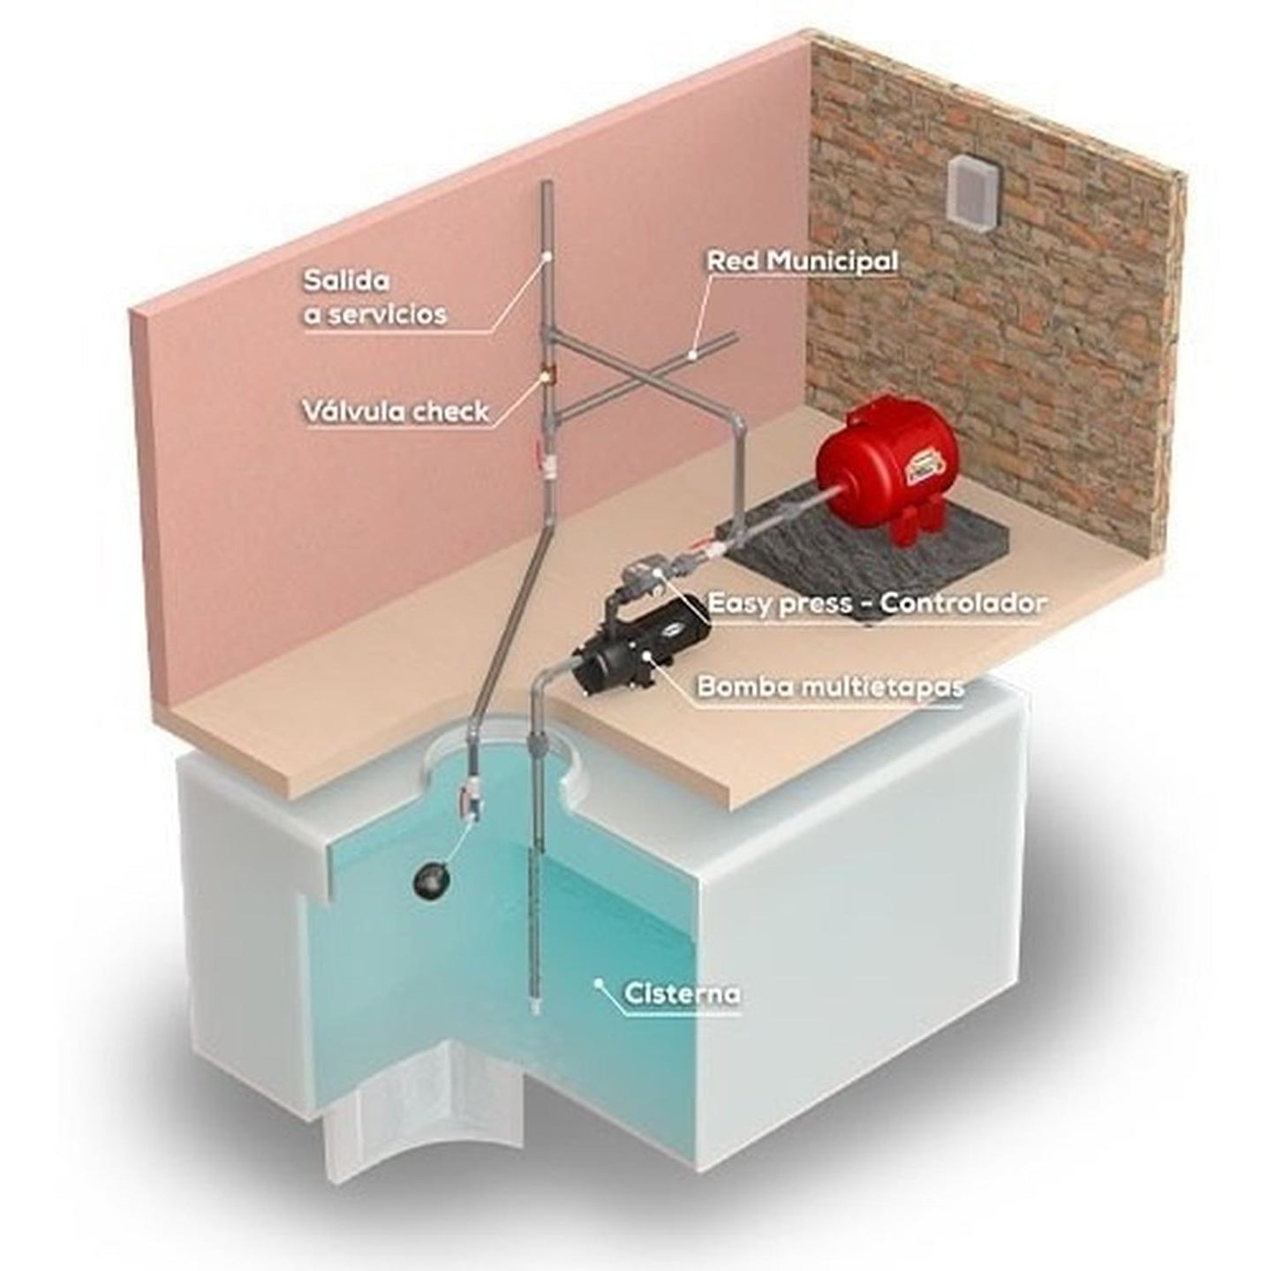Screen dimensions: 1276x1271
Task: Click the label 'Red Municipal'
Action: (x=802, y=261)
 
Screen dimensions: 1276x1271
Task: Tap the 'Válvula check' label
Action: (x=396, y=412)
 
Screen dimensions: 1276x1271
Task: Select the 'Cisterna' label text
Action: (x=683, y=1013)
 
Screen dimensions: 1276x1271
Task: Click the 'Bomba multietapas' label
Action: (x=830, y=687)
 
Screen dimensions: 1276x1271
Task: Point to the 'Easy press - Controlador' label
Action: (x=878, y=604)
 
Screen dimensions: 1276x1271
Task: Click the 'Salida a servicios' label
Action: (x=374, y=298)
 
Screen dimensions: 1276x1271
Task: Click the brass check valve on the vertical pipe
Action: (x=547, y=379)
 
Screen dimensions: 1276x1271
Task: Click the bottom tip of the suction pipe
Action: (x=533, y=1029)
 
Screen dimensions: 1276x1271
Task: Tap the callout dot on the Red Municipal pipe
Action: (x=692, y=355)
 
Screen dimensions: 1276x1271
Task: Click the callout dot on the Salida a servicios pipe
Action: (x=547, y=258)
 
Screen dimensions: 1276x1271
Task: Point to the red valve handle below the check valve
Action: (x=538, y=456)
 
